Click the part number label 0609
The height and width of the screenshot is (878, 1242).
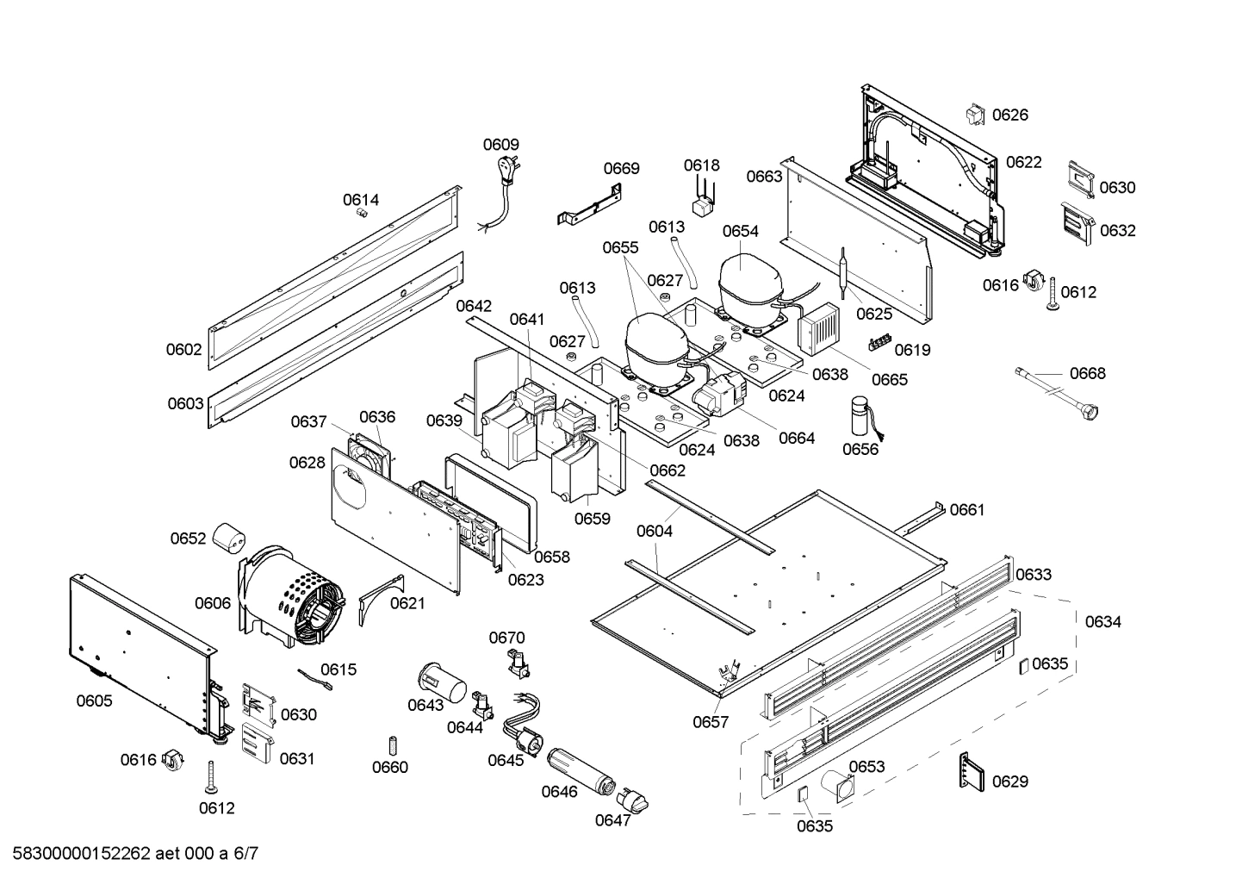click(x=500, y=145)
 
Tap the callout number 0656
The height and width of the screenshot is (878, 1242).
click(x=860, y=449)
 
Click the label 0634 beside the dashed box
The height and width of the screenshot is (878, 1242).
click(x=1102, y=621)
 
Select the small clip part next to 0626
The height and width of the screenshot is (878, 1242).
click(x=975, y=115)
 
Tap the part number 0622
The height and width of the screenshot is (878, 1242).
click(x=1023, y=162)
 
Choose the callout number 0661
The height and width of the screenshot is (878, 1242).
click(x=966, y=510)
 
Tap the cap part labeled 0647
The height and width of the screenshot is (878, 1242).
click(x=636, y=800)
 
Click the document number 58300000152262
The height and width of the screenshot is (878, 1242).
click(x=78, y=854)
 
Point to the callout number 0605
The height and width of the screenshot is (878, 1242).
click(x=94, y=701)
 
